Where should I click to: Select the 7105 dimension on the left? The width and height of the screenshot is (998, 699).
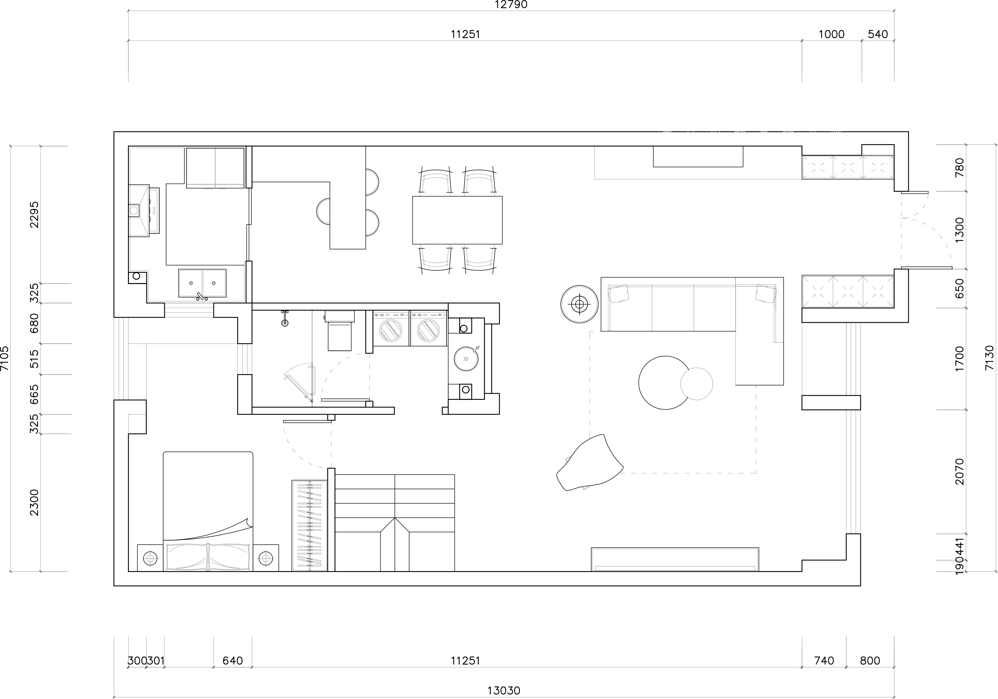5,358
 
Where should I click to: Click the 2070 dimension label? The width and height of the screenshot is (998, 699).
960,472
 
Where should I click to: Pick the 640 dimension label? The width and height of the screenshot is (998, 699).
233,661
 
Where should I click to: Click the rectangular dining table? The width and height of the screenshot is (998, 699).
457,220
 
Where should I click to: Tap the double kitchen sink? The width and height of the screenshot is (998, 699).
202,283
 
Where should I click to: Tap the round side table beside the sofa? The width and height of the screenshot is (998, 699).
579,304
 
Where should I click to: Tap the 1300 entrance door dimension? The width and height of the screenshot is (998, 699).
960,230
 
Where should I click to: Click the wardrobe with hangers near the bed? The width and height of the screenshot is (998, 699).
309,525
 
